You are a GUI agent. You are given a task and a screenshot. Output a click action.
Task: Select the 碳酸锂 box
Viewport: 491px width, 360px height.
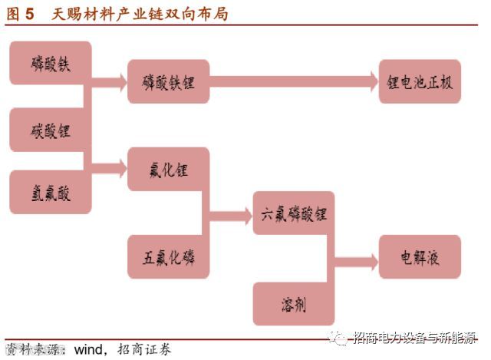pos(51,130)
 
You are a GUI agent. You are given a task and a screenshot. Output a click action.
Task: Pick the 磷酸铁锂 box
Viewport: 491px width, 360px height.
pos(168,82)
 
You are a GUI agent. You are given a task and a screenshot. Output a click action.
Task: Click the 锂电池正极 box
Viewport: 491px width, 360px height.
pos(420,82)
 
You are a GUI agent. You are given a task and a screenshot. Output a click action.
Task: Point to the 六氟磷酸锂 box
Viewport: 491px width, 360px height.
pos(294,214)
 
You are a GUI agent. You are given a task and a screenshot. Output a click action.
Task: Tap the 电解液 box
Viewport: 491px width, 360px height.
pos(420,257)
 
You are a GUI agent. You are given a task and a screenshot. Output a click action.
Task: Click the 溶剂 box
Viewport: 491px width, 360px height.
pos(294,304)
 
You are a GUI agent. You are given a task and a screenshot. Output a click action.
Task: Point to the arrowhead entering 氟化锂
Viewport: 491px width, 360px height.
pos(120,166)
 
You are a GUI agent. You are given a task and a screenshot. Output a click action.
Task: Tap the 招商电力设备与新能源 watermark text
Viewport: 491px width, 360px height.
pos(415,338)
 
